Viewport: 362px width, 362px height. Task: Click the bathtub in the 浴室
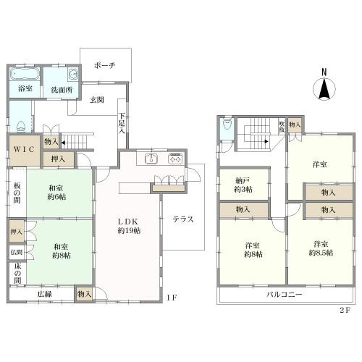[25, 74]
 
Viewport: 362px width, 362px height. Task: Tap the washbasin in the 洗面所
[73, 74]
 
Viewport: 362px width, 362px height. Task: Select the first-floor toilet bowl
[21, 127]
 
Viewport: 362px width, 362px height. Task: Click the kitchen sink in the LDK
[151, 159]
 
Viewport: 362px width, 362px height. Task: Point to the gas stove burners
[175, 159]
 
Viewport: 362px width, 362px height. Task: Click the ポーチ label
[105, 65]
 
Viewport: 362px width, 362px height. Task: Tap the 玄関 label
[97, 100]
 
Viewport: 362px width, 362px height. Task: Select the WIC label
[24, 150]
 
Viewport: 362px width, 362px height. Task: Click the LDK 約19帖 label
[129, 226]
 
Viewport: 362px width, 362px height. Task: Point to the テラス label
[183, 219]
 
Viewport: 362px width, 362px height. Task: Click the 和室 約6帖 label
[56, 193]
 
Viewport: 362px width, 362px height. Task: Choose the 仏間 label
[17, 253]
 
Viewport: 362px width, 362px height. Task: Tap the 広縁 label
[45, 294]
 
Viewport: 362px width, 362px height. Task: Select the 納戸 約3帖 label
[243, 185]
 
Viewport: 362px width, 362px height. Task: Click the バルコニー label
[285, 295]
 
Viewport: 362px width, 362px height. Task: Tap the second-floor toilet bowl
[227, 125]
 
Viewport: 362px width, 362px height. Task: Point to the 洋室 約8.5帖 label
[321, 248]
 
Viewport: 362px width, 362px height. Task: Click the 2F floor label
[345, 310]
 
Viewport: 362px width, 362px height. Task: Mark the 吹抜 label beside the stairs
[282, 127]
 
